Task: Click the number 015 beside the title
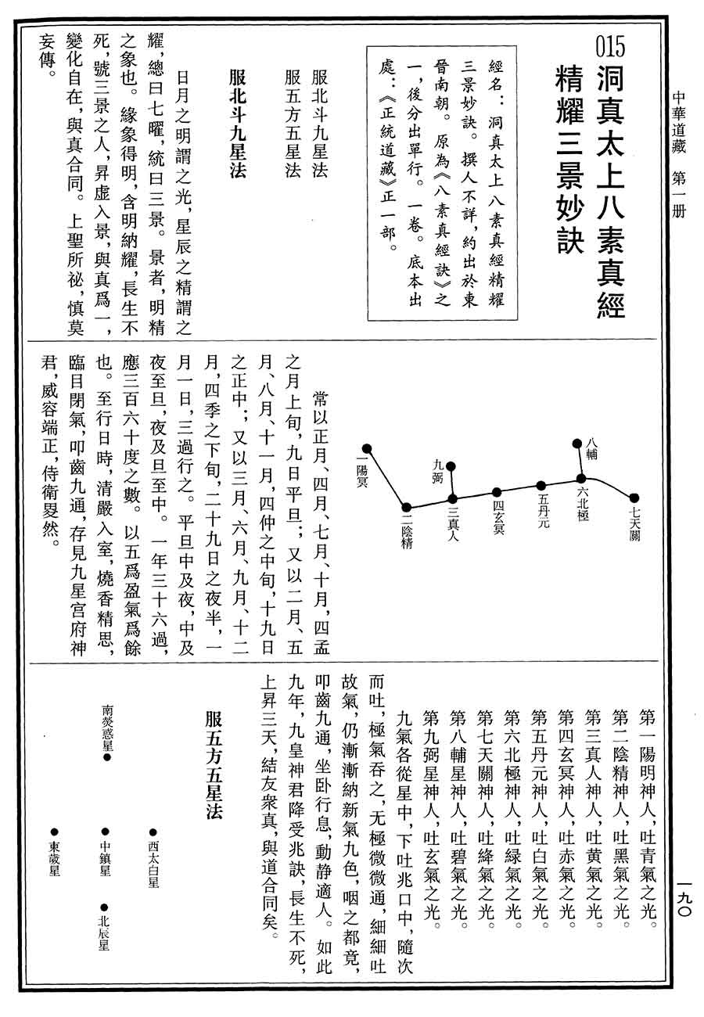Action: click(610, 48)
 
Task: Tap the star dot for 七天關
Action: click(634, 497)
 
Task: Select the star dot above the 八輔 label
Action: click(580, 442)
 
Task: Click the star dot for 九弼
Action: click(451, 468)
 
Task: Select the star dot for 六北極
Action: click(580, 478)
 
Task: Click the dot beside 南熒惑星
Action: click(106, 757)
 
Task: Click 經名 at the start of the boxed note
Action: click(493, 72)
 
